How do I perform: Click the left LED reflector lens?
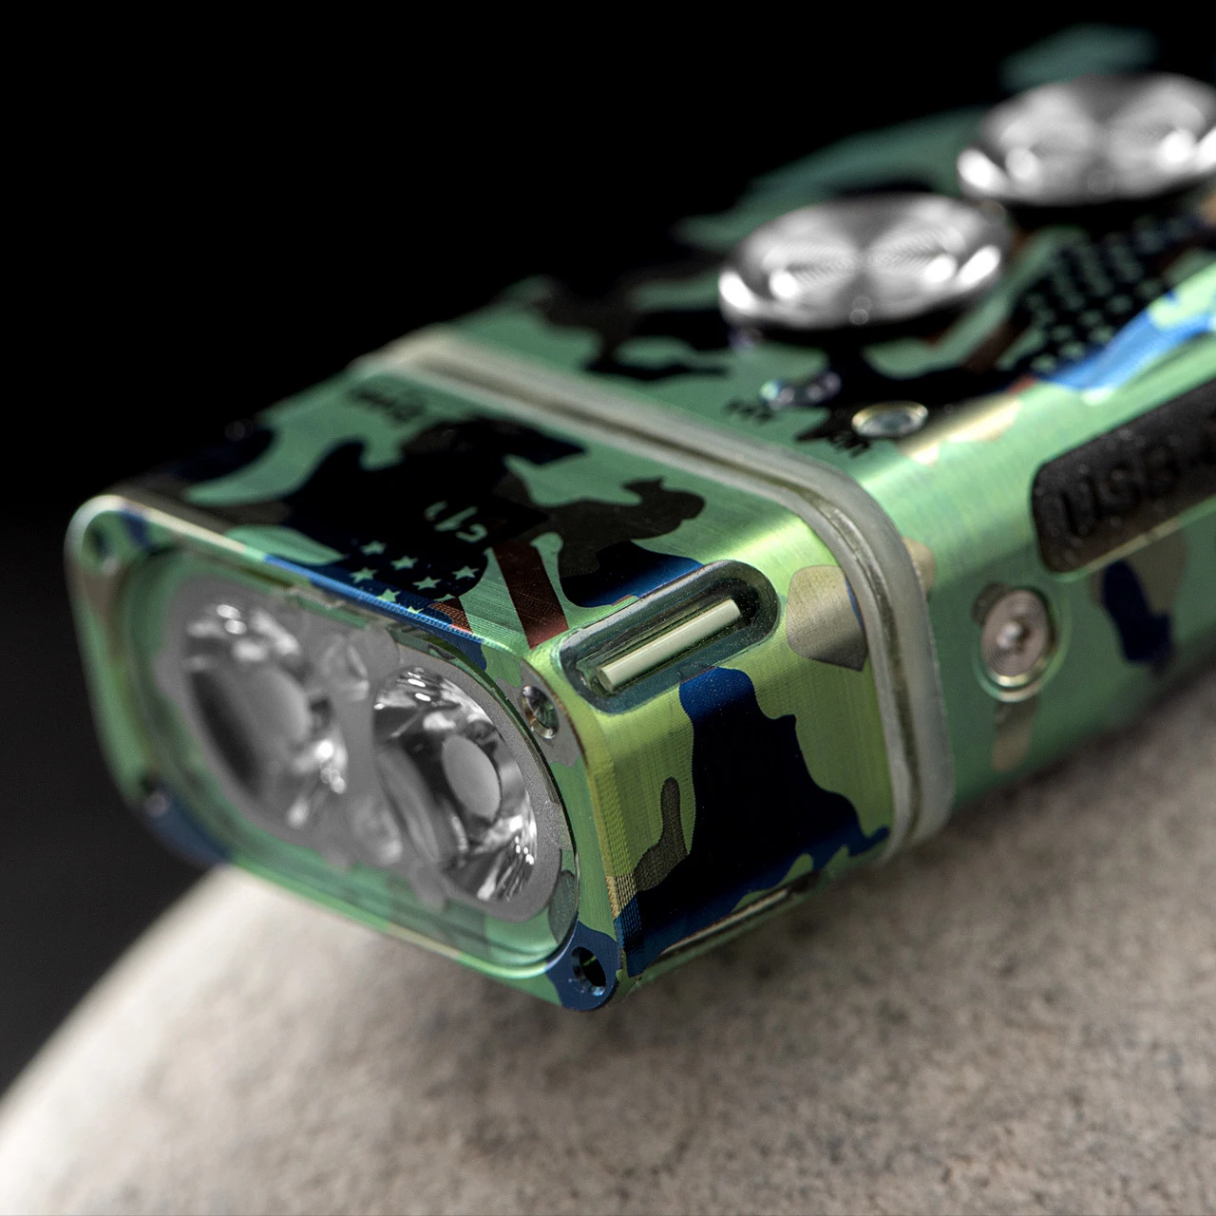[x=256, y=703]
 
